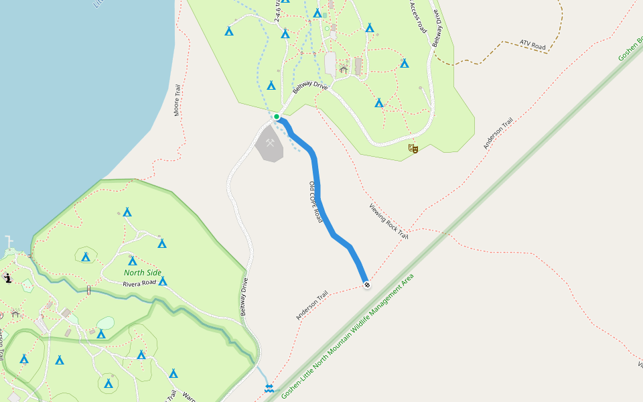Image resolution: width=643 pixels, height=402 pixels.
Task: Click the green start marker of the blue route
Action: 276,117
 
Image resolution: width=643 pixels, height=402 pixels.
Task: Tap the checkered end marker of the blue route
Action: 366,285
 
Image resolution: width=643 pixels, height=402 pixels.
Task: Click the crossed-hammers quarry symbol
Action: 270,143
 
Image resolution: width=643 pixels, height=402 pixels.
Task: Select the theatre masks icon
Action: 413,148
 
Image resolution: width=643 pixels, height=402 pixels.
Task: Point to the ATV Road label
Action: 533,46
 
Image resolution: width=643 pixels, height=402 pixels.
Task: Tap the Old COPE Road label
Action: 315,202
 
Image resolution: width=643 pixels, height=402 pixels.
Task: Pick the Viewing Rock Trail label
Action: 388,221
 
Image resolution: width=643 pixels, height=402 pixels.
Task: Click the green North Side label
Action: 143,273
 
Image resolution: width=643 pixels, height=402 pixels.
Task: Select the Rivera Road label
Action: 139,283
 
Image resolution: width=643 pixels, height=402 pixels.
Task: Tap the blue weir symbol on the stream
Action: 269,388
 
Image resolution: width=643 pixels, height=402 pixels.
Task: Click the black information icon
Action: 7,278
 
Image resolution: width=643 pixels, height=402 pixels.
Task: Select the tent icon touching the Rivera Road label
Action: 163,281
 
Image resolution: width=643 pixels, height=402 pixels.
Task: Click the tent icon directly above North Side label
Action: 132,261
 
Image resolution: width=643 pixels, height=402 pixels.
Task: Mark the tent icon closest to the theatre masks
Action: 379,103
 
